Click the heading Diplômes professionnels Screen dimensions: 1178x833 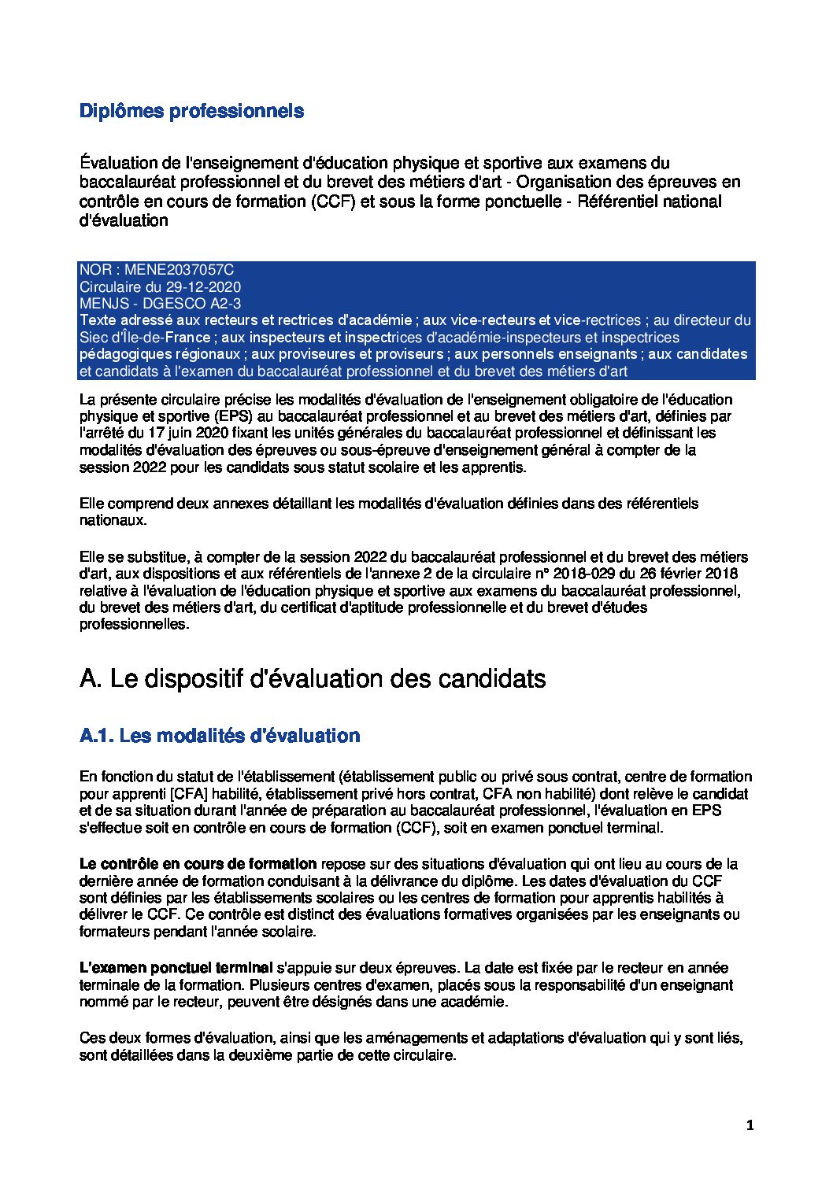(191, 111)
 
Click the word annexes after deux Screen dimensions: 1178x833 (235, 504)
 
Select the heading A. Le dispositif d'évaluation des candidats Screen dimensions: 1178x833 (313, 678)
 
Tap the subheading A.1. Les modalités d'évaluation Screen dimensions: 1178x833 (220, 736)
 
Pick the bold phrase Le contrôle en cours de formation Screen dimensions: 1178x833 (198, 864)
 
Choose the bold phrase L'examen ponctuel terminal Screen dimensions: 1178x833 (176, 968)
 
